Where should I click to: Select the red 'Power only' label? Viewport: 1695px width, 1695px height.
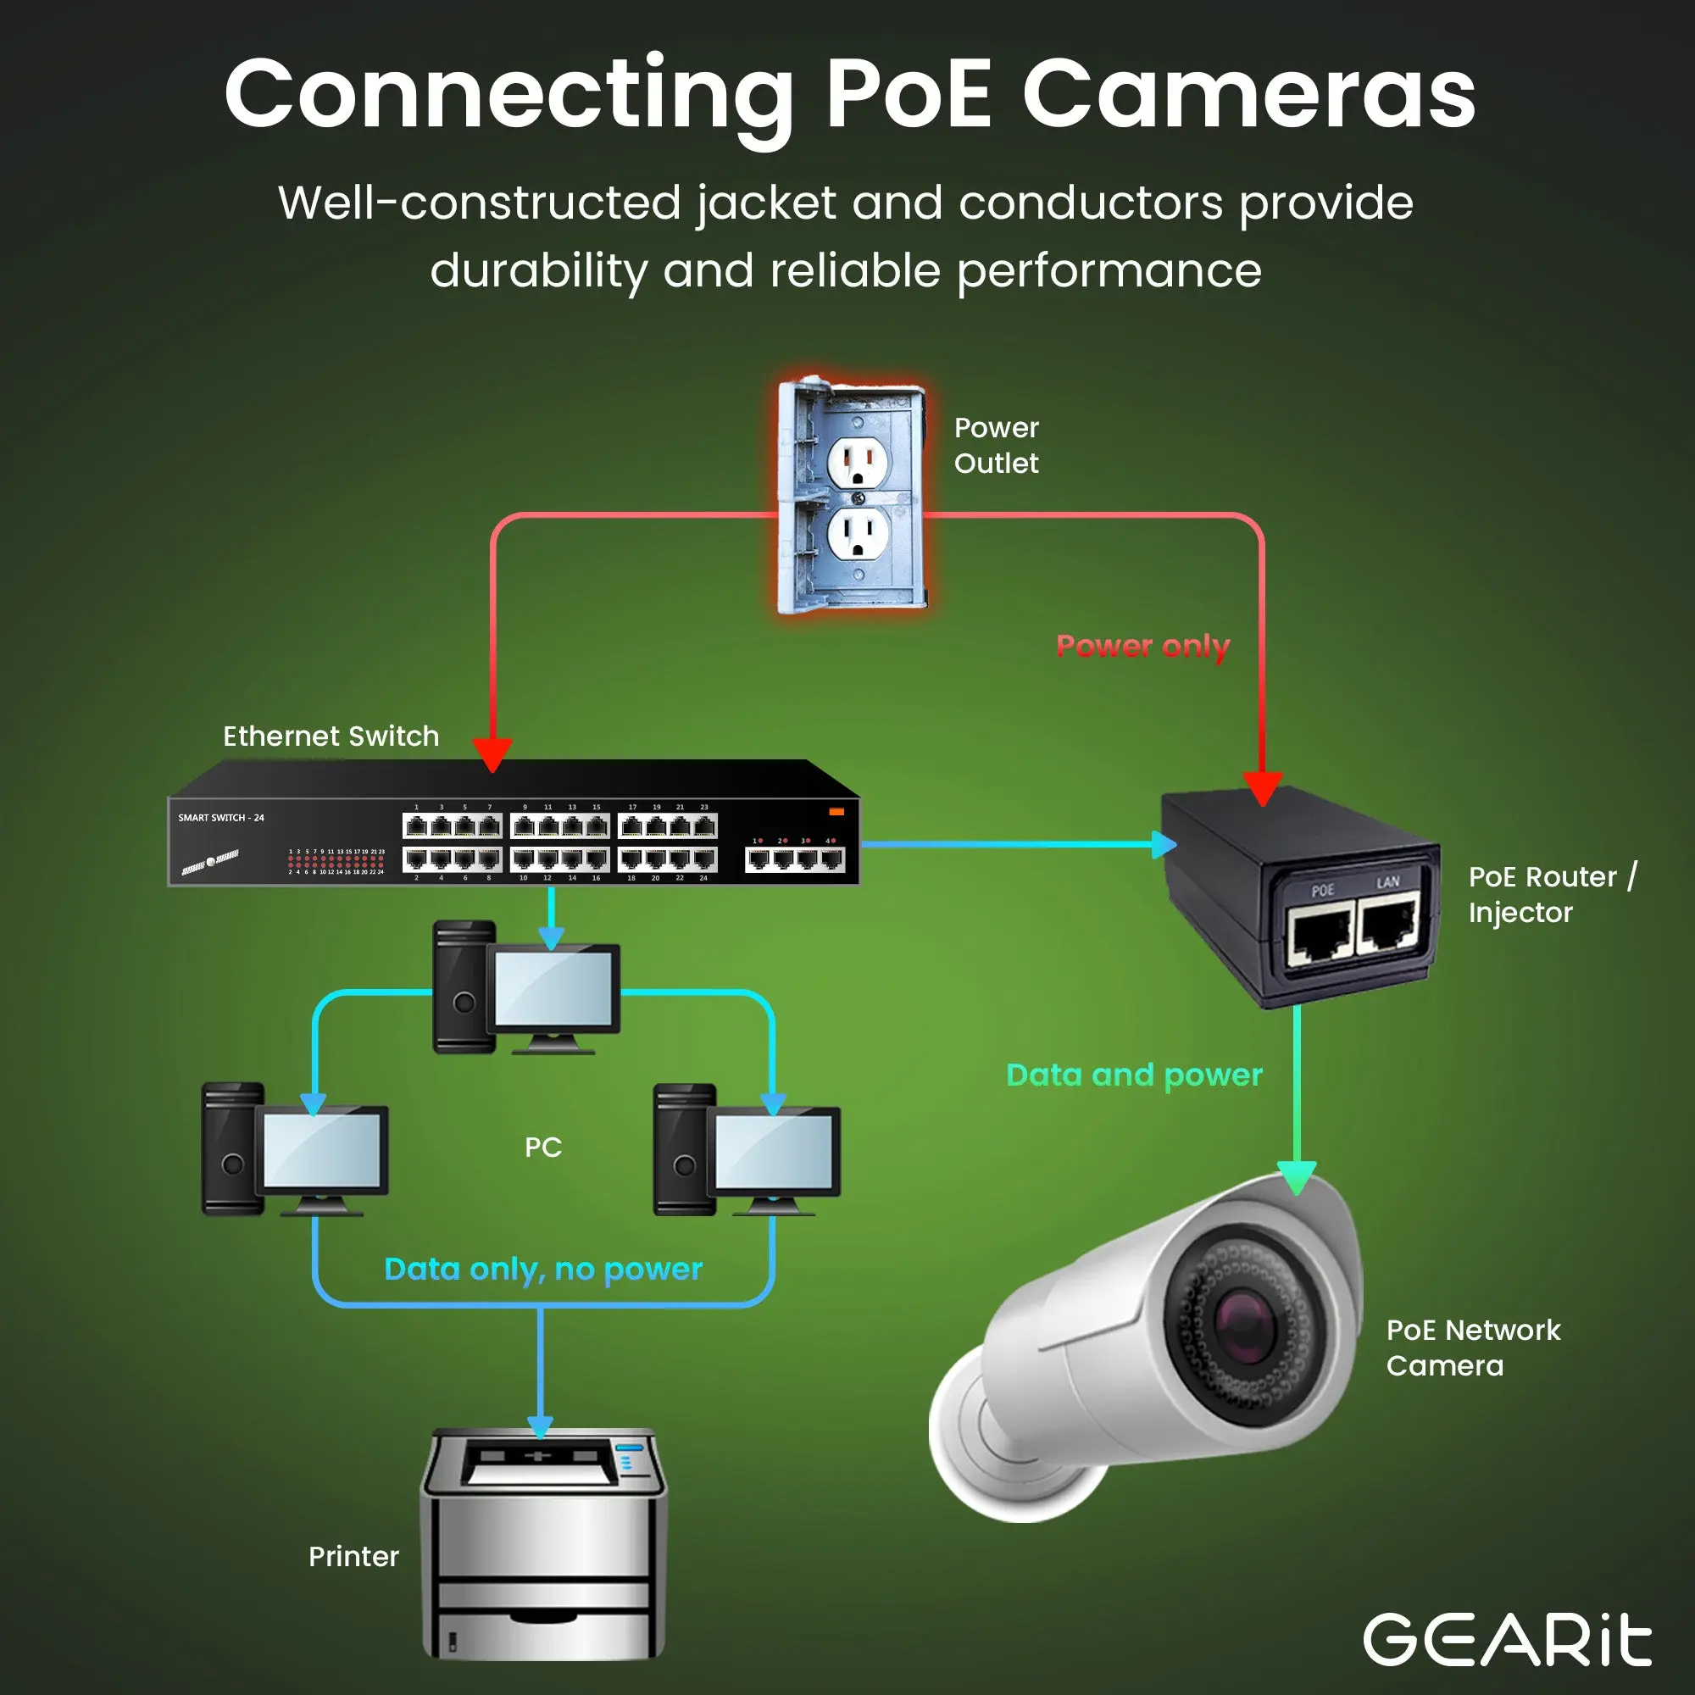pos(1142,647)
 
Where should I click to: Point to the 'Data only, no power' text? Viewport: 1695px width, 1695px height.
pos(543,1269)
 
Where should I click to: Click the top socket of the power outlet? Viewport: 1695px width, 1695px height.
pos(857,460)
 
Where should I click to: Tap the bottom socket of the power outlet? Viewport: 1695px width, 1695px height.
pos(857,534)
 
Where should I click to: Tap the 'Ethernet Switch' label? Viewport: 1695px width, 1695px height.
pos(331,736)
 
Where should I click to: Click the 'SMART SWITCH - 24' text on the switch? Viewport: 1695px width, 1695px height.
pos(221,818)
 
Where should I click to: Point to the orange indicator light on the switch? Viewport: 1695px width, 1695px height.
pos(836,812)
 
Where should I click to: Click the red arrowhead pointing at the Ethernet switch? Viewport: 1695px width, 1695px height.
pos(492,753)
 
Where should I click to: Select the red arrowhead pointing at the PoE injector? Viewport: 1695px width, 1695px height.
pos(1263,788)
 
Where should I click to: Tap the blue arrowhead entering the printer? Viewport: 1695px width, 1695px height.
pos(540,1426)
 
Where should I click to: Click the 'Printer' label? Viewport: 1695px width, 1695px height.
pos(353,1556)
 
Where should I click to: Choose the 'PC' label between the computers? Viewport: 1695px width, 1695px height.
pos(543,1148)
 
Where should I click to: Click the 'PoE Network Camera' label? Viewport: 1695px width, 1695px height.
pos(1472,1348)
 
